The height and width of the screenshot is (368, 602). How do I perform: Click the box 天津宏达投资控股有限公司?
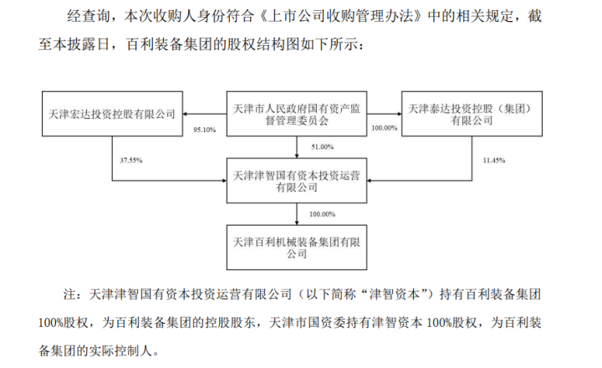point(113,114)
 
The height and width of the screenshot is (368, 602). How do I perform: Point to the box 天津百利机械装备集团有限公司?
point(300,244)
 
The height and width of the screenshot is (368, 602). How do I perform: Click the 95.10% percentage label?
point(204,130)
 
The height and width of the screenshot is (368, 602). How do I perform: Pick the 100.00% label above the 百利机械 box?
point(322,214)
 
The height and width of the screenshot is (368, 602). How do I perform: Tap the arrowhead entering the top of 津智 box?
point(300,156)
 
